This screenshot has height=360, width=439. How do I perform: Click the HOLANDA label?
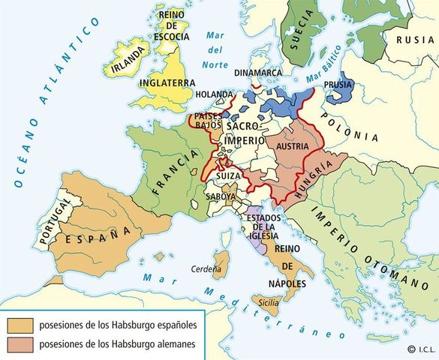[x=217, y=95]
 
